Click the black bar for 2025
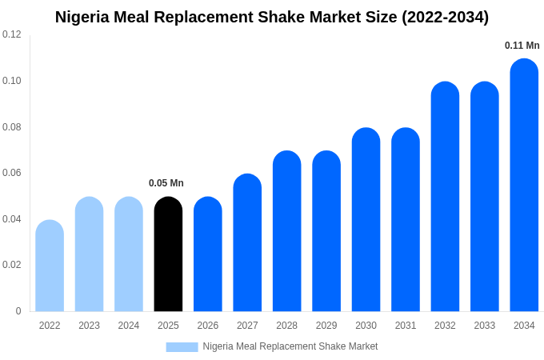(168, 254)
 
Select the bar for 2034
(524, 186)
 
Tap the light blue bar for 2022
(50, 266)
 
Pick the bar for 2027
(247, 243)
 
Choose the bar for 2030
(366, 220)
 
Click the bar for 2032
(445, 197)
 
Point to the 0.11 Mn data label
(522, 46)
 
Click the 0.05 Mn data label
(166, 183)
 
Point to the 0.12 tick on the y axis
(12, 34)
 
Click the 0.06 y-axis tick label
(12, 173)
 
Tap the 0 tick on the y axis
(18, 311)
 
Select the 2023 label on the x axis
(89, 326)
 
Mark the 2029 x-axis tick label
(326, 326)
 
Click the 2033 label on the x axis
(484, 326)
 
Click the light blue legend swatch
(182, 346)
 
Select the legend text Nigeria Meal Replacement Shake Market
(290, 346)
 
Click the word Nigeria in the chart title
(83, 17)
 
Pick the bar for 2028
(286, 231)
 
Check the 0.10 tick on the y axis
(12, 81)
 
